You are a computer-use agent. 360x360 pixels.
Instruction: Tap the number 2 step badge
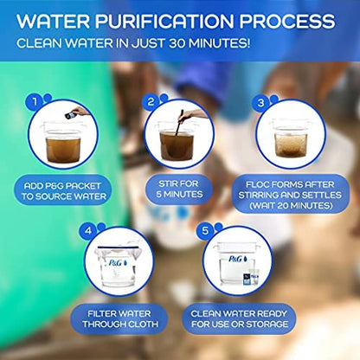click(x=150, y=100)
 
